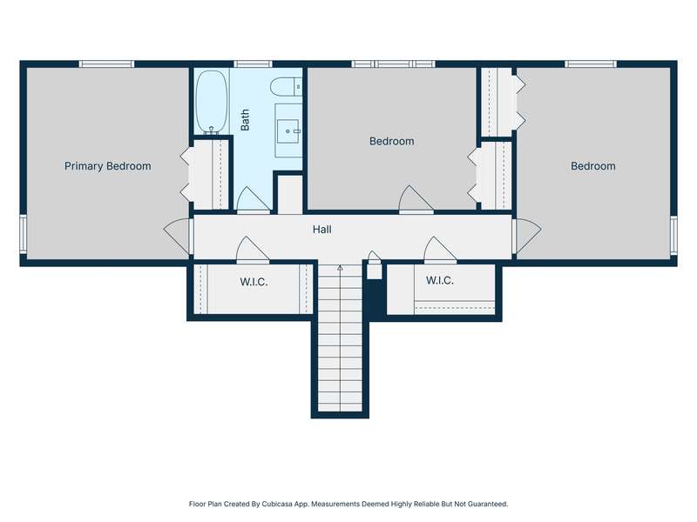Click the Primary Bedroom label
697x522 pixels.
click(107, 166)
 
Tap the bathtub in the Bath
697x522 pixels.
click(212, 102)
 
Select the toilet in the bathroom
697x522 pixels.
click(286, 86)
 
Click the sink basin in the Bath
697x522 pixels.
click(288, 131)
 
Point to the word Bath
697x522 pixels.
click(245, 120)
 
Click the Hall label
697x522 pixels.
click(321, 230)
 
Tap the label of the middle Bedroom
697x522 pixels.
click(391, 141)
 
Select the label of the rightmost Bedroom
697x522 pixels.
click(593, 166)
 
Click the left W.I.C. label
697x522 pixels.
click(254, 282)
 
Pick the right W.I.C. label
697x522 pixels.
click(440, 280)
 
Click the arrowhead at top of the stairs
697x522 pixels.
click(340, 268)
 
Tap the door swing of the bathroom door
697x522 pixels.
click(252, 200)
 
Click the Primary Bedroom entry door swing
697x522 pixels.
click(177, 238)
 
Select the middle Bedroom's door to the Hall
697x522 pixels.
click(415, 199)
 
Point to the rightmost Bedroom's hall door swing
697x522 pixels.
click(528, 236)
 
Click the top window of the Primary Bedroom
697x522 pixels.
click(106, 64)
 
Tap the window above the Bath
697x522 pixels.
click(253, 64)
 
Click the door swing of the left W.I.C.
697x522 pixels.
click(252, 250)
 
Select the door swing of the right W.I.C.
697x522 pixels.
click(440, 250)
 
